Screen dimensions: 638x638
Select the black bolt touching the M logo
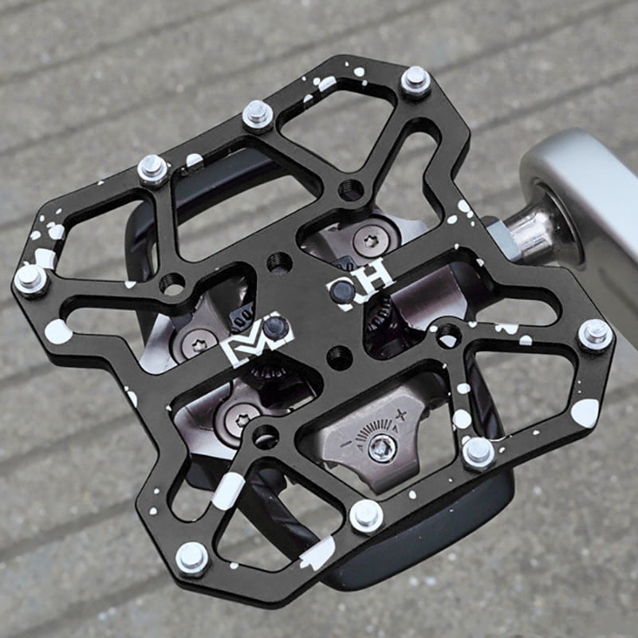pyautogui.click(x=274, y=326)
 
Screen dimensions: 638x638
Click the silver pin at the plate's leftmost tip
pyautogui.click(x=30, y=278)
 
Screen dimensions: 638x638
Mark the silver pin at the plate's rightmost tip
pyautogui.click(x=595, y=333)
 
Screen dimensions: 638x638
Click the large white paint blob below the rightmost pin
pyautogui.click(x=585, y=412)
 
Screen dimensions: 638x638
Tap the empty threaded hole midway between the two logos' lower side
pyautogui.click(x=339, y=357)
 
